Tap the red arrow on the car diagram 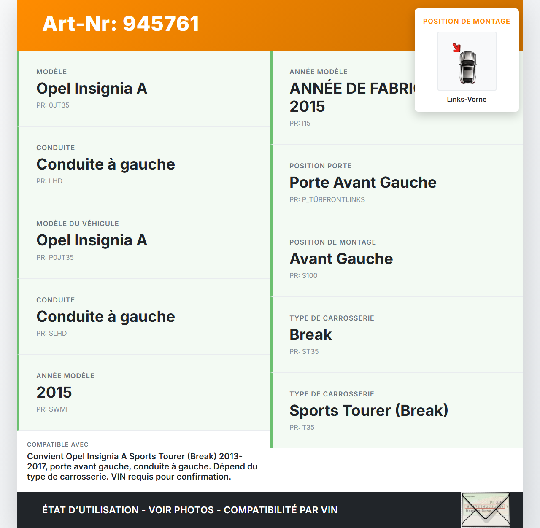[456, 48]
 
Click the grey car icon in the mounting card [467, 67]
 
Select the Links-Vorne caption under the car [467, 99]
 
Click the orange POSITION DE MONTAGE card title [467, 21]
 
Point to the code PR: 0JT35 [53, 105]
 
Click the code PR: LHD [49, 181]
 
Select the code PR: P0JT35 [55, 257]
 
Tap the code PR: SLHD [51, 333]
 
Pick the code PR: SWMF [53, 409]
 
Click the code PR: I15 [300, 123]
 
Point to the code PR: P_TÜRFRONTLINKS [327, 199]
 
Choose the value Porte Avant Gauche [363, 182]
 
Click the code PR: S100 [303, 275]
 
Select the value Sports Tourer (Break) [369, 410]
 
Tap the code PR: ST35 [304, 351]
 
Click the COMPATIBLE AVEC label [58, 444]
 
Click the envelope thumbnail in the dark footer [486, 509]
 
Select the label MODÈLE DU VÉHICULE [78, 224]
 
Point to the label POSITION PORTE [320, 166]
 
